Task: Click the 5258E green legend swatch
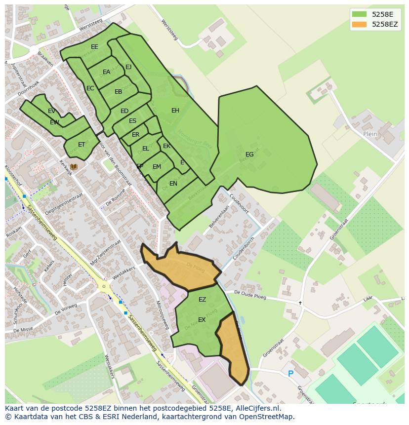[x=359, y=14]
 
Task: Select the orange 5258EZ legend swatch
[x=359, y=24]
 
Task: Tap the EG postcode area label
[x=249, y=155]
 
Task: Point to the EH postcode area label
[x=175, y=111]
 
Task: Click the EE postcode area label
[x=94, y=47]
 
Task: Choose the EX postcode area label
[x=202, y=320]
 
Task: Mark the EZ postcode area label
[x=202, y=300]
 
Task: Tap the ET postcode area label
[x=82, y=145]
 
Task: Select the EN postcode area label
[x=173, y=184]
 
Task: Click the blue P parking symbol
[x=290, y=374]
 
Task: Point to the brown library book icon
[x=74, y=167]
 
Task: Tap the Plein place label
[x=370, y=134]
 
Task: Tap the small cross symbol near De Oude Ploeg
[x=300, y=303]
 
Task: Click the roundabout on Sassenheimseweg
[x=103, y=286]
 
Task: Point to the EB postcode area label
[x=118, y=92]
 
